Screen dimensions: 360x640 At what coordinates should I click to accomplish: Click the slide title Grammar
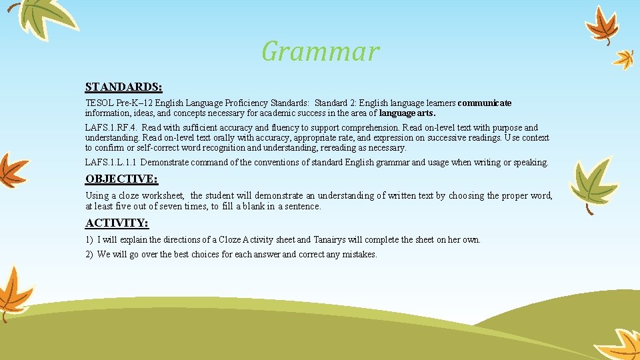coord(320,51)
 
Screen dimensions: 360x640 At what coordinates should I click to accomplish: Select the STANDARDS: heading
coord(124,87)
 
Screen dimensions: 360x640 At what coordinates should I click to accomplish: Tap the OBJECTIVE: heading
coord(121,179)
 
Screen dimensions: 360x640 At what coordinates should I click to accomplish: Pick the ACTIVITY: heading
coord(117,223)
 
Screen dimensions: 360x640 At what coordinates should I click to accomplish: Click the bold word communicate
coord(485,103)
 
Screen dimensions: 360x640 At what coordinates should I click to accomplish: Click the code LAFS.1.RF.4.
coord(111,128)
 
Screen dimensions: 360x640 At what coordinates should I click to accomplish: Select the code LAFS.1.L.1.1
coord(111,163)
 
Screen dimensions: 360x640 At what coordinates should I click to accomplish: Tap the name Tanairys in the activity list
coord(331,240)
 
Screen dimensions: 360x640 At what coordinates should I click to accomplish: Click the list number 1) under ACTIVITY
coord(89,240)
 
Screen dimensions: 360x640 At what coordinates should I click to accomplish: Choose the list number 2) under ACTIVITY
coord(89,255)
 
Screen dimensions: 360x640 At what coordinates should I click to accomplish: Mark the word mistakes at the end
coord(359,255)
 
